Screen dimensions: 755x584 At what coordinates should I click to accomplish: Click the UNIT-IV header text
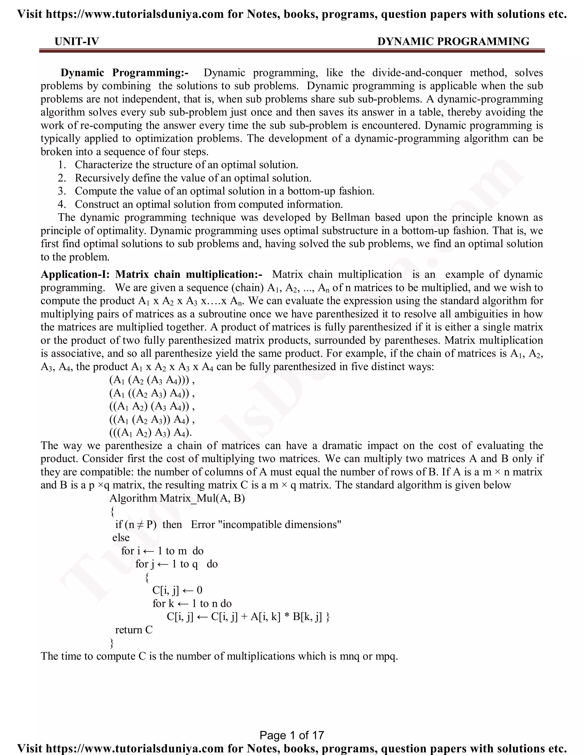[76, 42]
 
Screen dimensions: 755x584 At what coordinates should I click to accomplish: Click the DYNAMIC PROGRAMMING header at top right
[453, 42]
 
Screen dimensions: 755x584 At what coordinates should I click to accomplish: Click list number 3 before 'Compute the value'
[62, 191]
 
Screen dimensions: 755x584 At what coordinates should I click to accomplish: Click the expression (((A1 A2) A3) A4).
[151, 432]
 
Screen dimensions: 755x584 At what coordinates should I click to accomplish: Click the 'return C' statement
[133, 630]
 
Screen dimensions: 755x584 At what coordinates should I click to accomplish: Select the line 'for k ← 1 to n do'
[192, 604]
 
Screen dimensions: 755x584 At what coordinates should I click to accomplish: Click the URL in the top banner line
[135, 14]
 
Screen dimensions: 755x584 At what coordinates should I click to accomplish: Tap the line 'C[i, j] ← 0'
[177, 590]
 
